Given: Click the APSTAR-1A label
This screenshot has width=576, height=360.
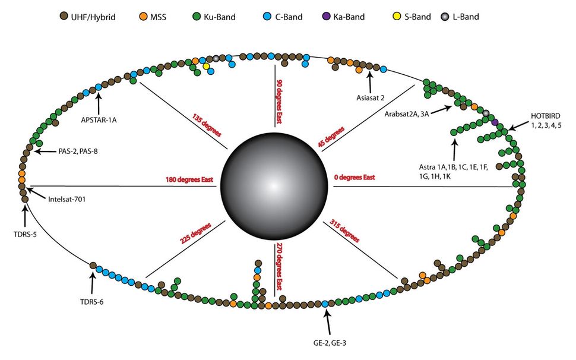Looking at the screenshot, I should pyautogui.click(x=99, y=118).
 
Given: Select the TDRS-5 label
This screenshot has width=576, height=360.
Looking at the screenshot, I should pyautogui.click(x=24, y=233).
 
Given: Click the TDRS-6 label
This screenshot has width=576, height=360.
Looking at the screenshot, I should pyautogui.click(x=92, y=301).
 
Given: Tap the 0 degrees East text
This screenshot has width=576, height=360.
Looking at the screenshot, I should pyautogui.click(x=355, y=178).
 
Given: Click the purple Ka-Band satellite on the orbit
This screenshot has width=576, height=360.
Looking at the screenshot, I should pyautogui.click(x=495, y=122).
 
